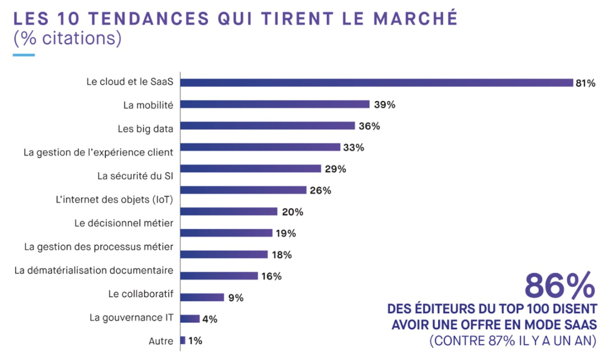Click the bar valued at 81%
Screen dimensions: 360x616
[377, 83]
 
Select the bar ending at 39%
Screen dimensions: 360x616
[275, 104]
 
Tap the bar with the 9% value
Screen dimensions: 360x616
[202, 297]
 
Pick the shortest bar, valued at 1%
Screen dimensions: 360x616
[183, 341]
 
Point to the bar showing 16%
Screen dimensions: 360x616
[218, 276]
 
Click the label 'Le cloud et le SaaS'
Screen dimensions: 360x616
[130, 82]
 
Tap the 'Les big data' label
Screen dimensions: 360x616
[145, 129]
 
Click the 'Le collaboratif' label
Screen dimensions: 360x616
[141, 294]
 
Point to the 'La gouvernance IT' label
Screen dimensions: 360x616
[131, 318]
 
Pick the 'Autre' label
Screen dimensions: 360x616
[161, 341]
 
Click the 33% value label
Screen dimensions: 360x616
[354, 148]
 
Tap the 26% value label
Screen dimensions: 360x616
[321, 190]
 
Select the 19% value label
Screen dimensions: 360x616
[285, 233]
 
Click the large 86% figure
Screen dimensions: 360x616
[559, 285]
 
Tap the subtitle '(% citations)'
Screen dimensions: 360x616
[67, 39]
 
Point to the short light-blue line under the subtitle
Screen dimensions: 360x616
[24, 55]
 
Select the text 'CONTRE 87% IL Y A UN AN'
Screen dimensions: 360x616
[513, 341]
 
